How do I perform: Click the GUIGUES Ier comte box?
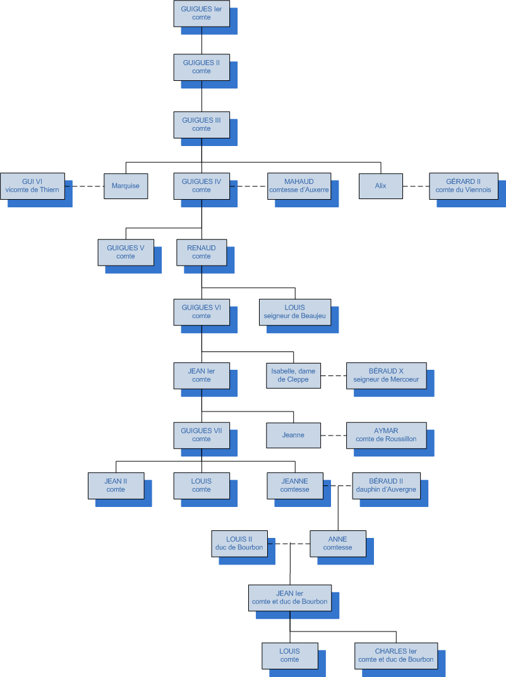[202, 13]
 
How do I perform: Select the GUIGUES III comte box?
[202, 124]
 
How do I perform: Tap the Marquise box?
[126, 186]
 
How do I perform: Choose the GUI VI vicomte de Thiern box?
[32, 186]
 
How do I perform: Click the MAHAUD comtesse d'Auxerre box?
[299, 186]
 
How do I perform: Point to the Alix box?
[380, 186]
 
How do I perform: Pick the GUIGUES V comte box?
[126, 252]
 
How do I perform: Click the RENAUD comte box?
[202, 252]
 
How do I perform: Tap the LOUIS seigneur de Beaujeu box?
[294, 312]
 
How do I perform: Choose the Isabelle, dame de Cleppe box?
[293, 375]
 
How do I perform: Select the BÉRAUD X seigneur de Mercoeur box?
[386, 375]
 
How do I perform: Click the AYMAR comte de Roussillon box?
[386, 435]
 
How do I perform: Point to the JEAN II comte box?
[116, 485]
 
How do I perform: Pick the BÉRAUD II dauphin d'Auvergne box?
[386, 485]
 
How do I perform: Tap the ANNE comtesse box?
[338, 544]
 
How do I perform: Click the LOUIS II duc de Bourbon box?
[239, 544]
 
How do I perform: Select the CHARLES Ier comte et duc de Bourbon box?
[396, 656]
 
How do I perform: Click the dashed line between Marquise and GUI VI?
[84, 186]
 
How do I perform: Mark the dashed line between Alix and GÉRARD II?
[416, 186]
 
